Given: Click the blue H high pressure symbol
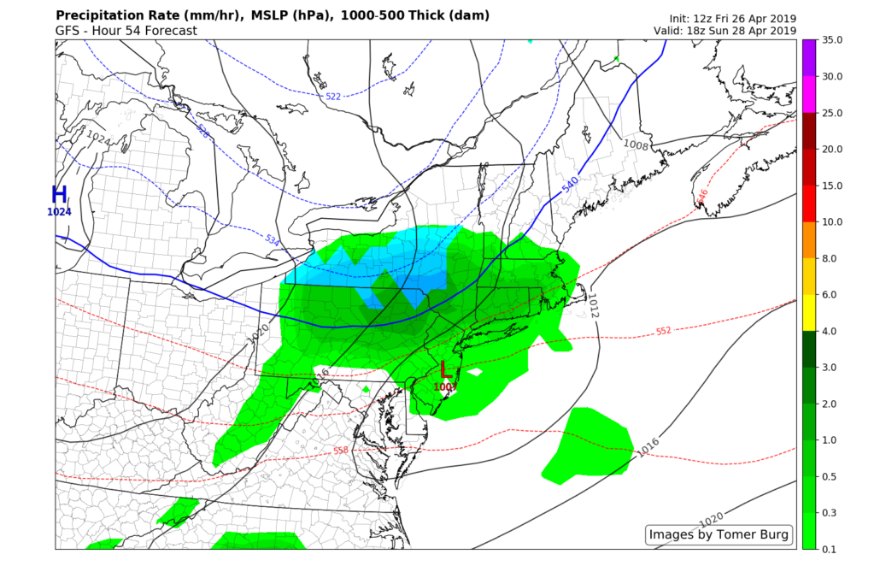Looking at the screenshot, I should click(59, 194).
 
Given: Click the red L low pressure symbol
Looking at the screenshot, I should click(444, 370).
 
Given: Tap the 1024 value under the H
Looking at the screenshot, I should click(59, 212).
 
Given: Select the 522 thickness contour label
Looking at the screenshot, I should click(333, 97).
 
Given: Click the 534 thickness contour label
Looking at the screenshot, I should click(272, 240).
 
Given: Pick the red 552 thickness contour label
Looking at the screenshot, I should click(664, 331).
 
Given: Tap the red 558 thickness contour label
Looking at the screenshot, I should click(341, 451).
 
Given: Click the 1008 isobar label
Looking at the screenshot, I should click(635, 144).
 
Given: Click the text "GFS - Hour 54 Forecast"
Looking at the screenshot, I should click(126, 31).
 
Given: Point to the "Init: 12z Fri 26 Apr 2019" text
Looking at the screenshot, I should click(733, 19).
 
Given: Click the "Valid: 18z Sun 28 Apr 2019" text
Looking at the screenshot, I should click(725, 32).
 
